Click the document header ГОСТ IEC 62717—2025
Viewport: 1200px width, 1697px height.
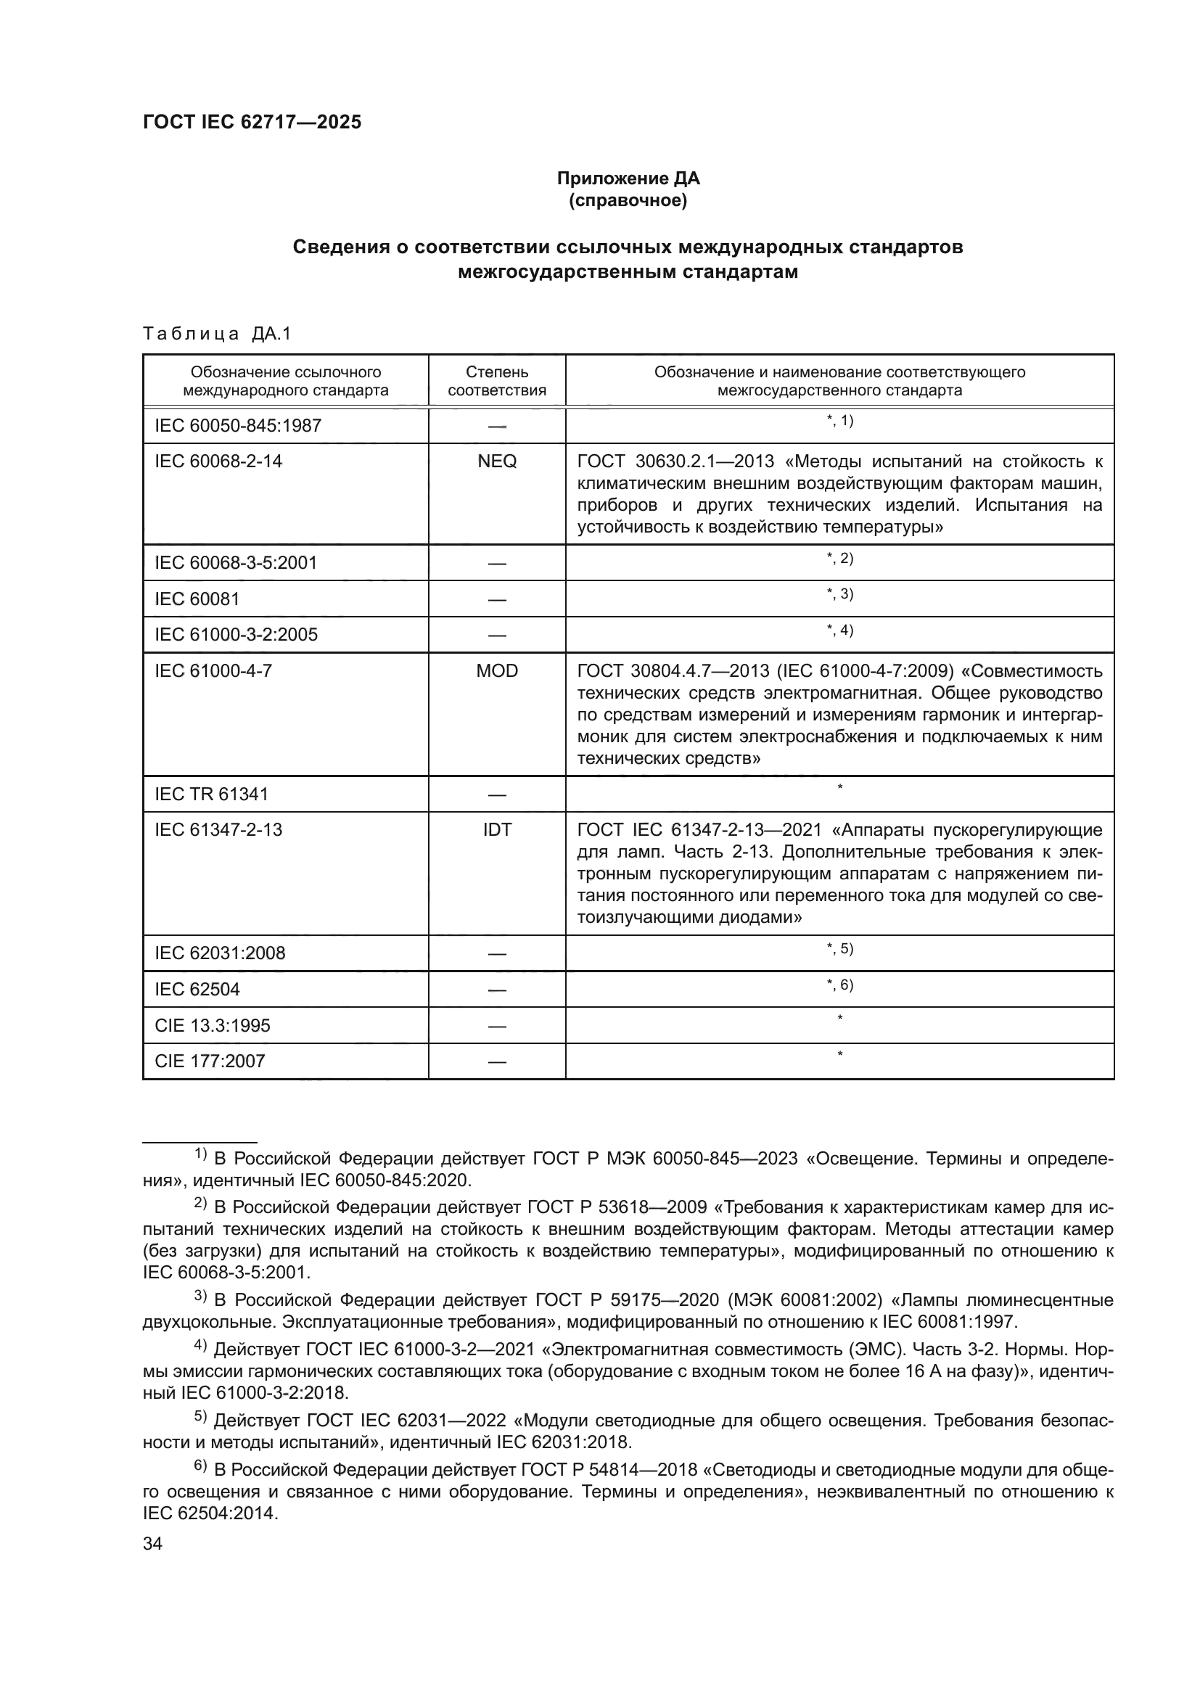[x=252, y=123]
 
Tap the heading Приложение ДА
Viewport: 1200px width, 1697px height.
[x=628, y=178]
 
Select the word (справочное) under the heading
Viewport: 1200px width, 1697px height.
[x=628, y=200]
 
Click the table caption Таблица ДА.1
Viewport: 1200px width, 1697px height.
[x=217, y=334]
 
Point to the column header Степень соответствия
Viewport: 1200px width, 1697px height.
[x=496, y=381]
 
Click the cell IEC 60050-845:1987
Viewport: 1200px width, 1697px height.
[x=238, y=426]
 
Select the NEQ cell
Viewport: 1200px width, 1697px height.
[x=496, y=461]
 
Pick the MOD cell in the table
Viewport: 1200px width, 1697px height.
[x=496, y=671]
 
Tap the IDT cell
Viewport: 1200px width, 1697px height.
[x=496, y=830]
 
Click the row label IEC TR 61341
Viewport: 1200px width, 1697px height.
[x=211, y=794]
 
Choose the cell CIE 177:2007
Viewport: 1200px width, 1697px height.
[x=210, y=1061]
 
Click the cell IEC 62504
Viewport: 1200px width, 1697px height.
[x=197, y=989]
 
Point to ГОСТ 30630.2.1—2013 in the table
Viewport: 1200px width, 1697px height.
[x=675, y=461]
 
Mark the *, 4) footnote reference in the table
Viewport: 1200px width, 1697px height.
[x=839, y=630]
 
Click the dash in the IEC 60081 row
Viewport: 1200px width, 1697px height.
[x=496, y=599]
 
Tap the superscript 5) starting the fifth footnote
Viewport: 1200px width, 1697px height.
[x=201, y=1417]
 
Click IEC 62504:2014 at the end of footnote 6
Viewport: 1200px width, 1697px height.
[x=210, y=1513]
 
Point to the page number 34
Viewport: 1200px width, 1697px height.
[x=152, y=1544]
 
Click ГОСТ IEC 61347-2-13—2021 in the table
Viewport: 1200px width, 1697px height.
[x=699, y=830]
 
